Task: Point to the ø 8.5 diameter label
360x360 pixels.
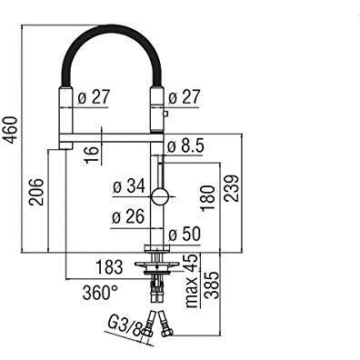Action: coord(193,144)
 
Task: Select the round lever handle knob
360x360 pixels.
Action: coord(159,195)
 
